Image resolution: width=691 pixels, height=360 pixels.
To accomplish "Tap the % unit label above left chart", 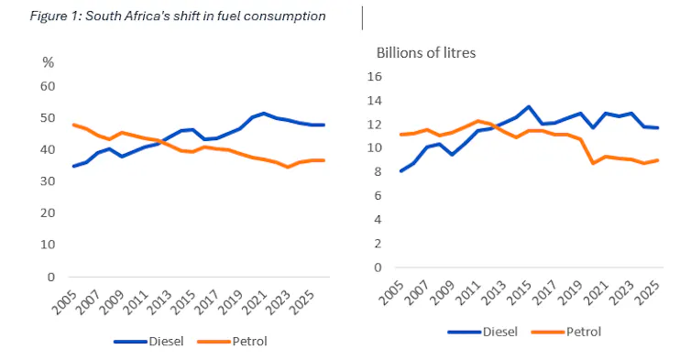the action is click(x=48, y=62).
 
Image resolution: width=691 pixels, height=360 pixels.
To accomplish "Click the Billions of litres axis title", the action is click(x=426, y=53).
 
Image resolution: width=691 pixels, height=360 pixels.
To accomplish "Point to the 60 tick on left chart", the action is click(x=48, y=86).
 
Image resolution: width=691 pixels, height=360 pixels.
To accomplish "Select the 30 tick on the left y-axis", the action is click(x=48, y=181).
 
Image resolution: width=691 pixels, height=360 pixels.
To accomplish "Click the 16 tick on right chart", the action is click(x=375, y=76).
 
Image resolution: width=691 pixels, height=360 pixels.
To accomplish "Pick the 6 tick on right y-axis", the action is click(x=378, y=196).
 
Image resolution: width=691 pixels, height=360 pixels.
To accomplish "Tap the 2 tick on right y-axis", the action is click(x=378, y=244).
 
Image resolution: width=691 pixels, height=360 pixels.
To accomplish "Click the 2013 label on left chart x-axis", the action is click(x=159, y=302).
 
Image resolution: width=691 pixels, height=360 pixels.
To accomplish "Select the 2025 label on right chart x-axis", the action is click(x=648, y=293).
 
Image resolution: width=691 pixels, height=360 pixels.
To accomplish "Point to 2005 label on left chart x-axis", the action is click(x=64, y=302).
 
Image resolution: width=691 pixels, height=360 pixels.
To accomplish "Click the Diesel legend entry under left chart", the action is click(x=148, y=342).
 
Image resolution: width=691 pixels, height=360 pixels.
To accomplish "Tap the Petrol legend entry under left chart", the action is click(x=232, y=342).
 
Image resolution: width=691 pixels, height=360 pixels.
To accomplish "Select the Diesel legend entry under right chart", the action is click(x=483, y=332).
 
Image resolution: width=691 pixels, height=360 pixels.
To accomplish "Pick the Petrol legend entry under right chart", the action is click(x=566, y=332).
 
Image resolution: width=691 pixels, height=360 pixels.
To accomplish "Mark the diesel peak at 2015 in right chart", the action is click(x=529, y=106).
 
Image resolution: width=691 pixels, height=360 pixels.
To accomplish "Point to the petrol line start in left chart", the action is click(x=73, y=125).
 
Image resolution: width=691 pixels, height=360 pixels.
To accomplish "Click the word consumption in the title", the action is click(x=285, y=16).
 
